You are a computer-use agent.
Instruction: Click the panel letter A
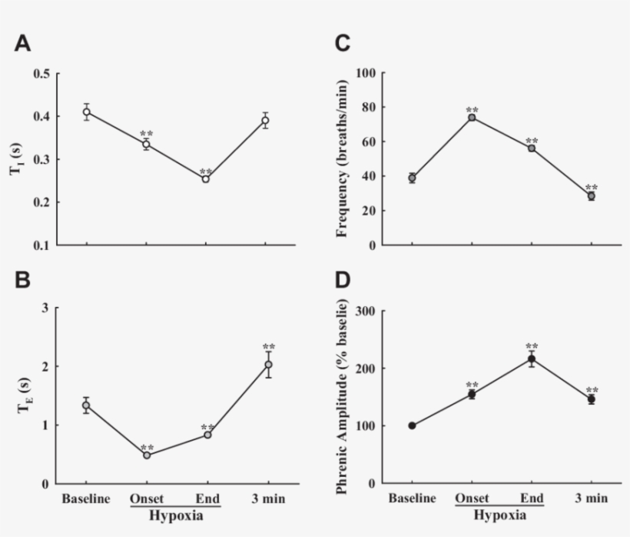pos(23,44)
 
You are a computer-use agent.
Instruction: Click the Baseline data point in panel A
pos(87,112)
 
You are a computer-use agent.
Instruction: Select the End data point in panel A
pos(206,178)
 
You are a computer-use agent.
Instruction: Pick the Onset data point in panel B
pos(146,455)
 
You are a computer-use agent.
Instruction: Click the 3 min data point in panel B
pos(268,365)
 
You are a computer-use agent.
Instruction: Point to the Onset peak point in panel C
pos(472,117)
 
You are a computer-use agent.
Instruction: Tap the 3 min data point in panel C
pos(592,195)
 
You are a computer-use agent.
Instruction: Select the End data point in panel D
pos(532,359)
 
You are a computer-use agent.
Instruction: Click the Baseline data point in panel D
pos(413,425)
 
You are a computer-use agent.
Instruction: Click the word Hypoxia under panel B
pos(175,515)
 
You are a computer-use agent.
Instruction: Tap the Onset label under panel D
pos(472,499)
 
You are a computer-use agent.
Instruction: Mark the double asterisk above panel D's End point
pos(532,347)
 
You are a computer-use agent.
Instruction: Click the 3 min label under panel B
pos(267,499)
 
